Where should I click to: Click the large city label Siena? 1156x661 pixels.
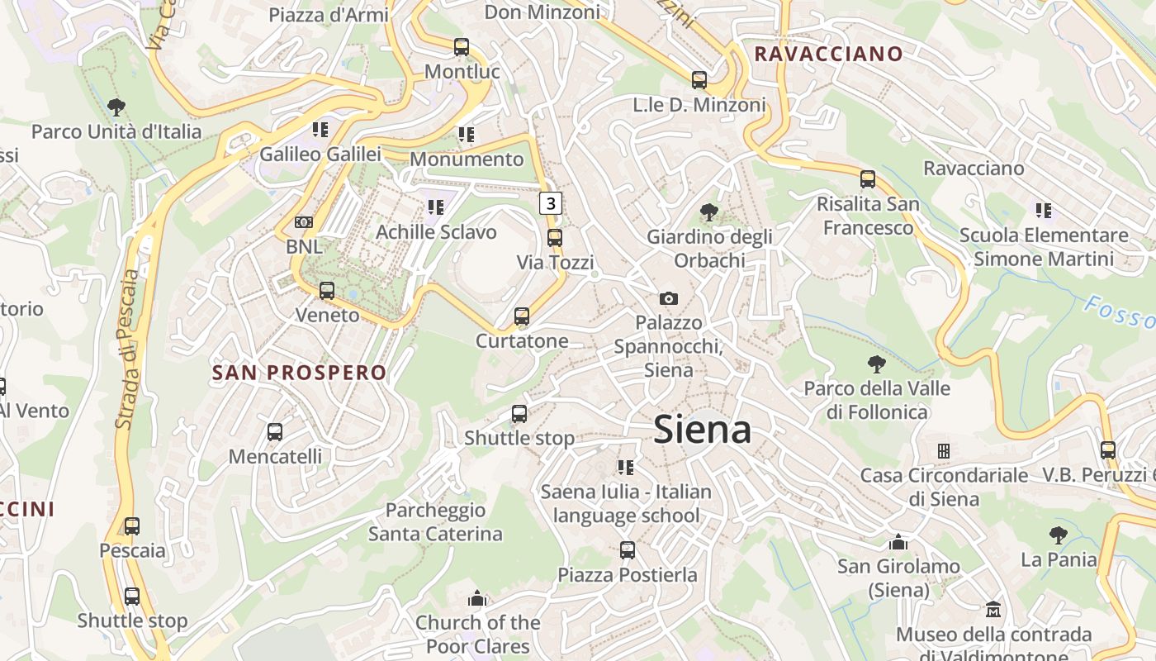pyautogui.click(x=702, y=430)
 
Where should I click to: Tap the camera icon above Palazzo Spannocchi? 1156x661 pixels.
pyautogui.click(x=669, y=298)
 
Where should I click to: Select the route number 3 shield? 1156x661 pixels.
pyautogui.click(x=551, y=203)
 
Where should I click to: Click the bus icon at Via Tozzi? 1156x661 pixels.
pyautogui.click(x=555, y=238)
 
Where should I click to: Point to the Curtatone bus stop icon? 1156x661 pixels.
pyautogui.click(x=521, y=316)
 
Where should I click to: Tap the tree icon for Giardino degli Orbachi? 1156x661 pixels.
pyautogui.click(x=708, y=212)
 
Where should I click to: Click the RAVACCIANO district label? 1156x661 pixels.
pyautogui.click(x=829, y=55)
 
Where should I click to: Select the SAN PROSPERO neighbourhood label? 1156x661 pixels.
pyautogui.click(x=299, y=373)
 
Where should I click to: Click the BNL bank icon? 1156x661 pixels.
pyautogui.click(x=304, y=222)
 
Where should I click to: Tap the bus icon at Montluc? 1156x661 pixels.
pyautogui.click(x=462, y=47)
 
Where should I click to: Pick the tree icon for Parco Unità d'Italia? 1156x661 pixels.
pyautogui.click(x=116, y=107)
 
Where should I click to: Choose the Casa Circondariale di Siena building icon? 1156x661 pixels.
pyautogui.click(x=944, y=451)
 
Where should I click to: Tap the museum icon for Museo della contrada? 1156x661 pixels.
pyautogui.click(x=993, y=610)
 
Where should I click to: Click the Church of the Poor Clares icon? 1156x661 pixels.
pyautogui.click(x=477, y=598)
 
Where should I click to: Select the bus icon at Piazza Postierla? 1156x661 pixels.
pyautogui.click(x=628, y=550)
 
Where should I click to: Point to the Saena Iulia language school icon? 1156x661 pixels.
pyautogui.click(x=626, y=468)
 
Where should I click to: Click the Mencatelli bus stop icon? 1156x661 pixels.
pyautogui.click(x=275, y=432)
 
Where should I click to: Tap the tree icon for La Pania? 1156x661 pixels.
pyautogui.click(x=1058, y=535)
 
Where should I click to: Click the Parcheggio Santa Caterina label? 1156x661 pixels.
pyautogui.click(x=435, y=522)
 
